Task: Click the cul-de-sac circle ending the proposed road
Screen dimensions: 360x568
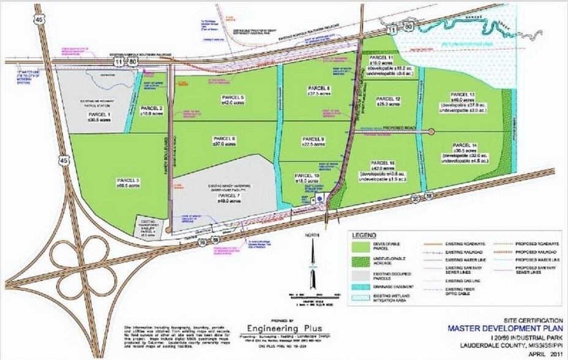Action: click(431, 132)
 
